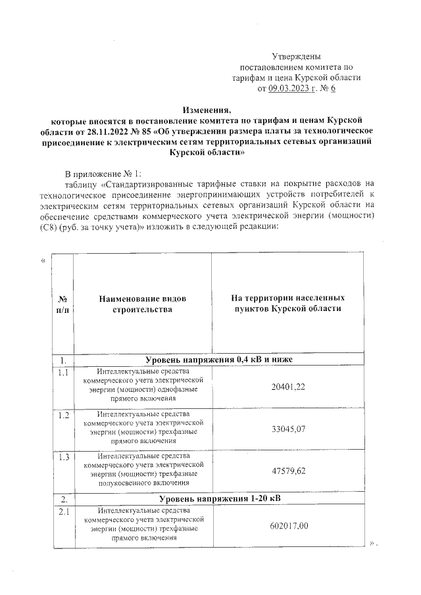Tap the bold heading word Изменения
[x=207, y=110]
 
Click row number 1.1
[x=63, y=373]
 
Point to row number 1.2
[x=63, y=416]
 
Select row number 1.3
[x=63, y=457]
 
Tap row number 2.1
[x=63, y=511]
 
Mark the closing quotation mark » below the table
[x=374, y=543]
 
